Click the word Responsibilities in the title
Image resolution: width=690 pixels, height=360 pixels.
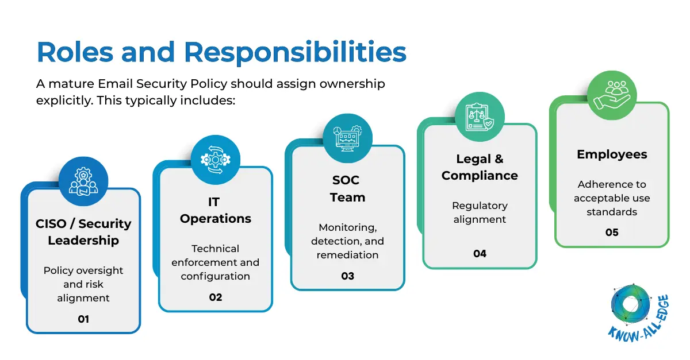296,52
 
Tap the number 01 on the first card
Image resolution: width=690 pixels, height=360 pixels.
83,319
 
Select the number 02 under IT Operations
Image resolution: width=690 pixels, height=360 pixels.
215,297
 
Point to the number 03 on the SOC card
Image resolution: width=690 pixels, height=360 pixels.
347,276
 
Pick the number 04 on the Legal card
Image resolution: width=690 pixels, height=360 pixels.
480,253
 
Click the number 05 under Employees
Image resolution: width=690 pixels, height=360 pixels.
612,232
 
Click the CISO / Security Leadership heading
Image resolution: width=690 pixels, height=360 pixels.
83,232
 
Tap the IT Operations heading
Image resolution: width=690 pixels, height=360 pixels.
215,210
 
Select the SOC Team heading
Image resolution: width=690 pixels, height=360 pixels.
347,188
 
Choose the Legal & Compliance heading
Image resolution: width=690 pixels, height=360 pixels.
480,167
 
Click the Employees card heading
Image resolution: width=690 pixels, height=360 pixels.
612,154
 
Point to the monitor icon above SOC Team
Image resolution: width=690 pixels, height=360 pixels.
347,138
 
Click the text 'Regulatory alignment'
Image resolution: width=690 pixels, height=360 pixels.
480,212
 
